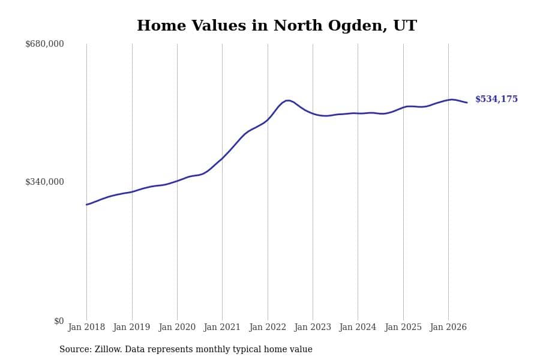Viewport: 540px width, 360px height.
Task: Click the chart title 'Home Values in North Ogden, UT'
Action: [x=277, y=25]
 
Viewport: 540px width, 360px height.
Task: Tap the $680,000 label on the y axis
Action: [x=44, y=44]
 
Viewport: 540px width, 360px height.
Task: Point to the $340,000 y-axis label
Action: [x=44, y=182]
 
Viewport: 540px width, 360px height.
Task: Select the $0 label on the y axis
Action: [x=59, y=321]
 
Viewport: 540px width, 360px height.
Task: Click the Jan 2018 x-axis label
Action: [x=86, y=327]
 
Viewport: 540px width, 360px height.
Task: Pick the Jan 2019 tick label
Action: [x=132, y=327]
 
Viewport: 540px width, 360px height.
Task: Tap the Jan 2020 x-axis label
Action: [x=177, y=327]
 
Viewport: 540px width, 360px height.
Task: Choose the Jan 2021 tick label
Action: [x=222, y=327]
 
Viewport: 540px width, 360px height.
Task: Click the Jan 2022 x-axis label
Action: [x=268, y=327]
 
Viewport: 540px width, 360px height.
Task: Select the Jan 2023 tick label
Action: [x=313, y=327]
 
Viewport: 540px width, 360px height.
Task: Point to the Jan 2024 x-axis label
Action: [x=358, y=327]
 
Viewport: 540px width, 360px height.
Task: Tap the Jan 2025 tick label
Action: [x=403, y=327]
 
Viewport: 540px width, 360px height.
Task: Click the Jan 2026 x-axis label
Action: [x=448, y=327]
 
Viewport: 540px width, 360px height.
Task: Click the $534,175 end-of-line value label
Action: [x=497, y=99]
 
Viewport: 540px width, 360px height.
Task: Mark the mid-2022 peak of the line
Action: [x=288, y=101]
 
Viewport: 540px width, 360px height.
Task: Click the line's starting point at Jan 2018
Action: [x=86, y=205]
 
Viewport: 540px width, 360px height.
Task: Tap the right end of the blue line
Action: [x=467, y=103]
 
